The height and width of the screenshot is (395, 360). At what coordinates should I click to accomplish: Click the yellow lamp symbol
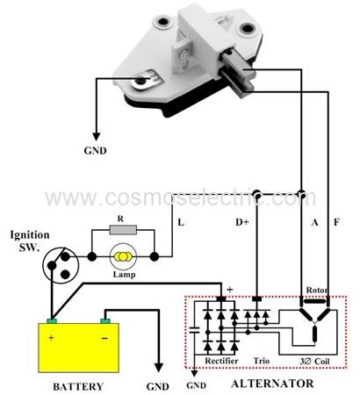click(124, 256)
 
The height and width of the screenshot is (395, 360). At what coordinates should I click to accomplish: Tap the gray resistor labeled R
click(123, 230)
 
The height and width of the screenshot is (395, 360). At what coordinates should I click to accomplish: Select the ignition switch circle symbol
click(61, 265)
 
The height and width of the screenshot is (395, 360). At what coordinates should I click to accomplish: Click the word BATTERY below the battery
click(78, 386)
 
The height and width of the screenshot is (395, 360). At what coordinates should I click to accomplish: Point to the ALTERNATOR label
click(272, 384)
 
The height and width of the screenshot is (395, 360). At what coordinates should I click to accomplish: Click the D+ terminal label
click(242, 222)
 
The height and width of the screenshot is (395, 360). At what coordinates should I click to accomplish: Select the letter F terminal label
click(336, 222)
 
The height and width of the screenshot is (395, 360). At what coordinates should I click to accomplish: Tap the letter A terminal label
click(314, 223)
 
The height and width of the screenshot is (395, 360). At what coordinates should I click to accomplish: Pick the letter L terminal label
click(181, 223)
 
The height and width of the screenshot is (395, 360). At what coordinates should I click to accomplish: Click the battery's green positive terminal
click(52, 321)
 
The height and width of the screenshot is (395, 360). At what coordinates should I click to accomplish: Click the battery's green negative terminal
click(105, 321)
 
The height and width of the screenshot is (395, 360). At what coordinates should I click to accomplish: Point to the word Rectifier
click(221, 361)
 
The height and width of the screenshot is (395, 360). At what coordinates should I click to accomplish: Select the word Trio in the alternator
click(262, 361)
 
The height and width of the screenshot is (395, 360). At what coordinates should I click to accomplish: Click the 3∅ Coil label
click(314, 362)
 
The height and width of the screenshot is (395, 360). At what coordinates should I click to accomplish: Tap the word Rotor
click(317, 291)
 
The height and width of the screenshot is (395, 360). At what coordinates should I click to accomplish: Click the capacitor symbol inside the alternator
click(194, 330)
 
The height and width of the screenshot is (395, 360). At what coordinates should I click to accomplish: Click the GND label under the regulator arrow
click(95, 151)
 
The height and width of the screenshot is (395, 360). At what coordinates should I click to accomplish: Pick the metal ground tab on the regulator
click(146, 80)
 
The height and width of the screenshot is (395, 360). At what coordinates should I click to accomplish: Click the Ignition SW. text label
click(29, 241)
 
